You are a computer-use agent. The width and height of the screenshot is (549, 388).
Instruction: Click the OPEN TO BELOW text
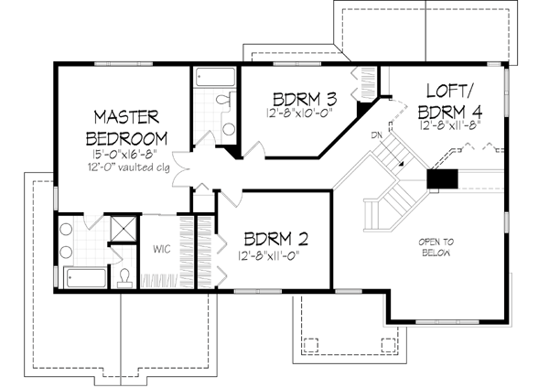click(436, 247)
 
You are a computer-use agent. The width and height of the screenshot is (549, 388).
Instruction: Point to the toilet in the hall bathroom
click(224, 102)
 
